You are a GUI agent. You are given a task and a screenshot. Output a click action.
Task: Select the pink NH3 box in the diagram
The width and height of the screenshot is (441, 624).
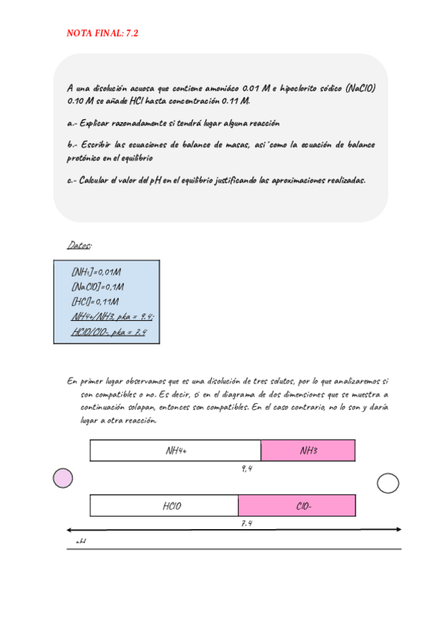pos(308,450)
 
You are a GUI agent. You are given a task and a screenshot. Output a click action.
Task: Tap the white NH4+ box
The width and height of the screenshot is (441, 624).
pos(176,450)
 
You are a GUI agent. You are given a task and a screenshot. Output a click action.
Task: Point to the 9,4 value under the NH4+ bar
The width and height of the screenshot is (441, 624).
pos(247,469)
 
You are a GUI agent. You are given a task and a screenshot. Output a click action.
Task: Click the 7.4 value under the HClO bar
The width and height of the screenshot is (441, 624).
pos(247,523)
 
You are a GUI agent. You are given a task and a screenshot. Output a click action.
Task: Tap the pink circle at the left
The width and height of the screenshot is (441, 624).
pos(63,478)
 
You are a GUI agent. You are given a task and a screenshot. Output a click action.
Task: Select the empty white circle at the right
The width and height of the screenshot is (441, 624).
pos(387,483)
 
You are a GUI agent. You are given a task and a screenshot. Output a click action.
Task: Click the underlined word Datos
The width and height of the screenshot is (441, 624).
pos(78,244)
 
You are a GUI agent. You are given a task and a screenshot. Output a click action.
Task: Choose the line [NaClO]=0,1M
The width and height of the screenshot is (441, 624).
pos(98,287)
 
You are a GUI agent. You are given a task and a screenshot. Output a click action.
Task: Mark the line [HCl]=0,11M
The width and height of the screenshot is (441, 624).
pos(95,302)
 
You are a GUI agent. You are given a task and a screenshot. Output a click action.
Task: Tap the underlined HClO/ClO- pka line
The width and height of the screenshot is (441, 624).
pos(110,332)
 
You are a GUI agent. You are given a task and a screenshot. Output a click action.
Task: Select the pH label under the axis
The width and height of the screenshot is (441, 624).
pos(81,542)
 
